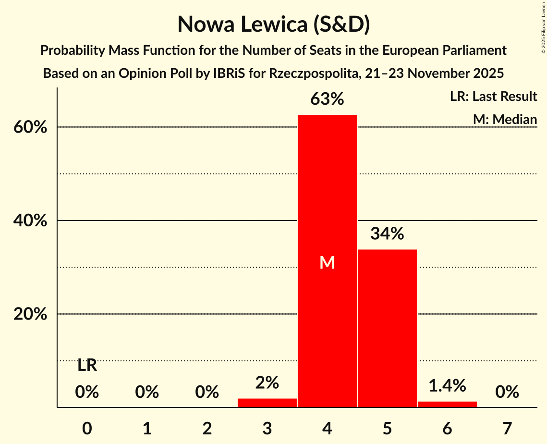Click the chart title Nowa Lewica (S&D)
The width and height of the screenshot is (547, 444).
[x=273, y=24]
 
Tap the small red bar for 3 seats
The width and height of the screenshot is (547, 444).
[x=267, y=403]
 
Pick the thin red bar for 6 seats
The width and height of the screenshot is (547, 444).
[x=447, y=404]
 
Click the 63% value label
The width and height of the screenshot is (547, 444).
[x=327, y=99]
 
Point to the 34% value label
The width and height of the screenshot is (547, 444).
[x=387, y=234]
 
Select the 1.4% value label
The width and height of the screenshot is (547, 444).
[x=447, y=385]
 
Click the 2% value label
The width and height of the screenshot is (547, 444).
[x=267, y=382]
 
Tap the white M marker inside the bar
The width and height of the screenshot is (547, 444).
[x=327, y=262]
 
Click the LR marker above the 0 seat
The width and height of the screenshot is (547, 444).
[x=87, y=366]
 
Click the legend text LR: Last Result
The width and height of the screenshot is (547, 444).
[x=493, y=97]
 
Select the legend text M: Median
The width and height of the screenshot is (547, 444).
[x=505, y=119]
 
